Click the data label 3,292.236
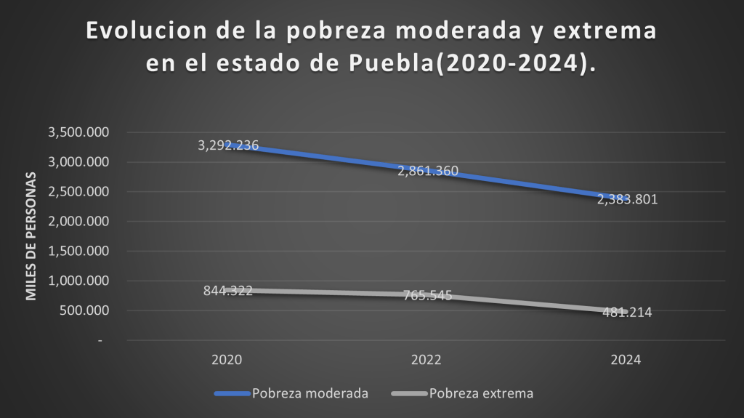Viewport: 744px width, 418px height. tap(228, 145)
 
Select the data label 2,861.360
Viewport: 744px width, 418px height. tap(428, 172)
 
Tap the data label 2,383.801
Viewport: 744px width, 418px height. tap(627, 199)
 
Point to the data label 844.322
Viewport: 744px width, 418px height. tap(228, 291)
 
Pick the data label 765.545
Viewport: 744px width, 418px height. tap(428, 296)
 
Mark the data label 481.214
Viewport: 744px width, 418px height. tap(627, 313)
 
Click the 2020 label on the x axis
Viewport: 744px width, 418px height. tap(227, 360)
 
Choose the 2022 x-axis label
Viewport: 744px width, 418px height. tap(426, 360)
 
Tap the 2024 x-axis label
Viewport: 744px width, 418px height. tap(626, 360)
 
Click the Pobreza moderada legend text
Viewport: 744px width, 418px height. tap(310, 394)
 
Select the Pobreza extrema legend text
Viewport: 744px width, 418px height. tap(482, 394)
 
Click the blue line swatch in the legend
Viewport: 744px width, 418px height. tap(232, 394)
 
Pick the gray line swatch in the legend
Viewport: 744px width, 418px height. tap(409, 394)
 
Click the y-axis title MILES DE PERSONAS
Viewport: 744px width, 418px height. tap(31, 236)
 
